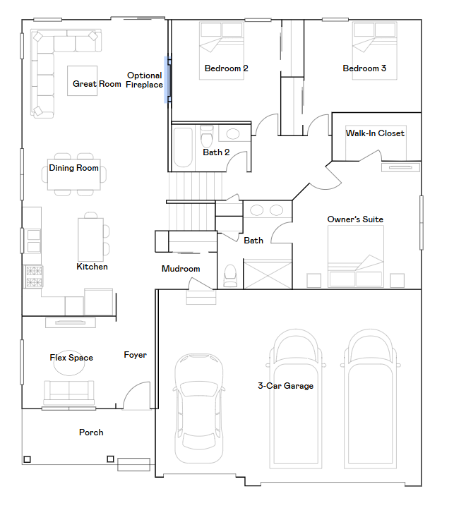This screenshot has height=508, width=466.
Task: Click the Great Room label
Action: point(97,84)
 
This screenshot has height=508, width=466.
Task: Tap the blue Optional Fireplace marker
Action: point(167,80)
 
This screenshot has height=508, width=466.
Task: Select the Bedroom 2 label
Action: point(226,68)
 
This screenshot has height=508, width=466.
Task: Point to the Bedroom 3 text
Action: point(364,68)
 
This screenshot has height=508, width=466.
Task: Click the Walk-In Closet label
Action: point(375,133)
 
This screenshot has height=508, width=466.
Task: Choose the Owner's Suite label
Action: point(355,219)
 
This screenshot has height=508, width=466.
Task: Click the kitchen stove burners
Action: point(33,276)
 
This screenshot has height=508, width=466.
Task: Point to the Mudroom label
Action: point(181,269)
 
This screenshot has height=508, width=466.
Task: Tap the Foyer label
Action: point(135,355)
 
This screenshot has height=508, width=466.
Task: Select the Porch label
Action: point(91,433)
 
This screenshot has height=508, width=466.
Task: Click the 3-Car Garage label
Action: point(285,386)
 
